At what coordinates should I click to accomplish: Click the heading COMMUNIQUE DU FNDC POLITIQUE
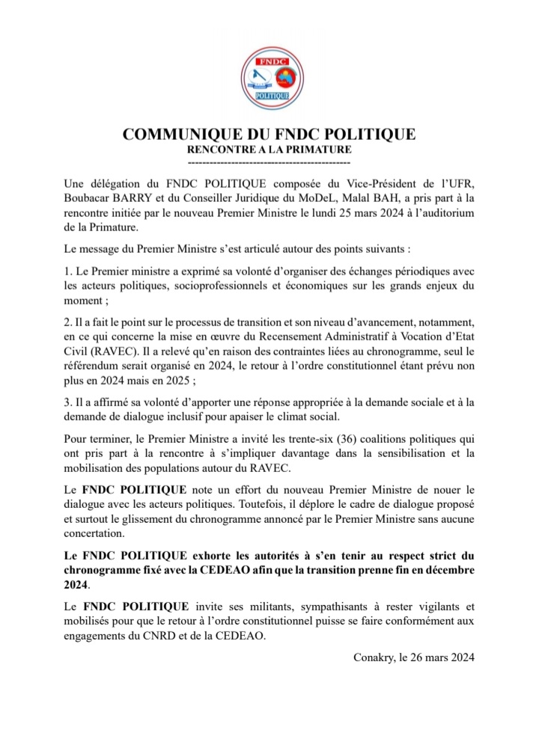pyautogui.click(x=269, y=135)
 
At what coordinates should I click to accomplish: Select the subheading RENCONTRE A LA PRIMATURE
pyautogui.click(x=269, y=150)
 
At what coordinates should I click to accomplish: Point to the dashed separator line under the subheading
pyautogui.click(x=269, y=162)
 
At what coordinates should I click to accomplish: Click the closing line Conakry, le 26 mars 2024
pyautogui.click(x=413, y=657)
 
